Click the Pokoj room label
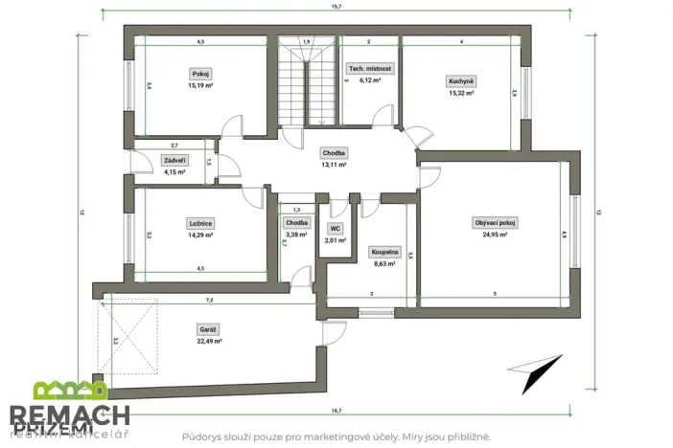[200, 74]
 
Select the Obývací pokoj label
[495, 223]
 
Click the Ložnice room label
[200, 223]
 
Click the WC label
[335, 229]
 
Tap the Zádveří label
[174, 161]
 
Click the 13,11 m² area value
[334, 164]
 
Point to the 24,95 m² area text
[495, 235]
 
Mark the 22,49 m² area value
[208, 340]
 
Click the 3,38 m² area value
[296, 234]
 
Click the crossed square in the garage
[131, 336]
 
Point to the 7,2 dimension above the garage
[210, 300]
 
